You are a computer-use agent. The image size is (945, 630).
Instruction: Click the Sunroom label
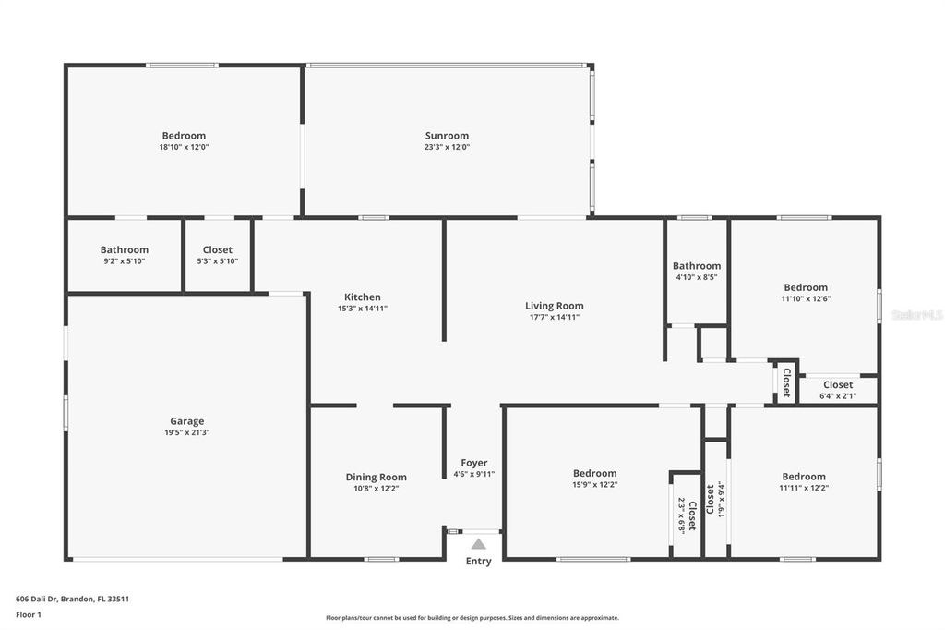click(447, 136)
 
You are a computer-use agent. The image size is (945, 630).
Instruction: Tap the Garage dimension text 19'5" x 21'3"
click(186, 432)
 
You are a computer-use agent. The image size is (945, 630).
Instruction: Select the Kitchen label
click(362, 297)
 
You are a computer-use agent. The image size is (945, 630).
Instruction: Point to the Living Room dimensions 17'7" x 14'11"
click(554, 317)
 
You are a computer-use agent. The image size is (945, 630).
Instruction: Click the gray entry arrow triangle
click(479, 544)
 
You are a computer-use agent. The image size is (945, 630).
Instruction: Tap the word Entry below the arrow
click(479, 562)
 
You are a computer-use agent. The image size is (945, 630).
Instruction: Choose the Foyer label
click(474, 463)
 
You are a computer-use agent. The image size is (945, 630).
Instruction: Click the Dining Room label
click(377, 478)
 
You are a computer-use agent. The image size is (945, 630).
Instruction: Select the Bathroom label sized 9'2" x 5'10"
click(125, 249)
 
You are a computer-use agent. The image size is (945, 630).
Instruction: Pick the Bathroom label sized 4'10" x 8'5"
click(697, 266)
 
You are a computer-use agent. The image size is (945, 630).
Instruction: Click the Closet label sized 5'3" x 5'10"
click(218, 249)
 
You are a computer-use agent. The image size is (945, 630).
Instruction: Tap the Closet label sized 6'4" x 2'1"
click(838, 385)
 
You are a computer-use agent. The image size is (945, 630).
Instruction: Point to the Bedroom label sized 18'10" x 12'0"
click(184, 136)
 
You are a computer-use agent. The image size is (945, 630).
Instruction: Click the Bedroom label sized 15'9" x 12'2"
click(595, 474)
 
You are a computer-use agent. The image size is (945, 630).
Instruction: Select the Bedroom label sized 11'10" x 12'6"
click(806, 288)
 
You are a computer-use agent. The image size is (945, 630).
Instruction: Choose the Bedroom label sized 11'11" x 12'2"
click(804, 477)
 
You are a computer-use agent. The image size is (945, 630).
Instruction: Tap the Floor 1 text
click(29, 615)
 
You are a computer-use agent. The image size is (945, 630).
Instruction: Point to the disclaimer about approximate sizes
click(472, 618)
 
